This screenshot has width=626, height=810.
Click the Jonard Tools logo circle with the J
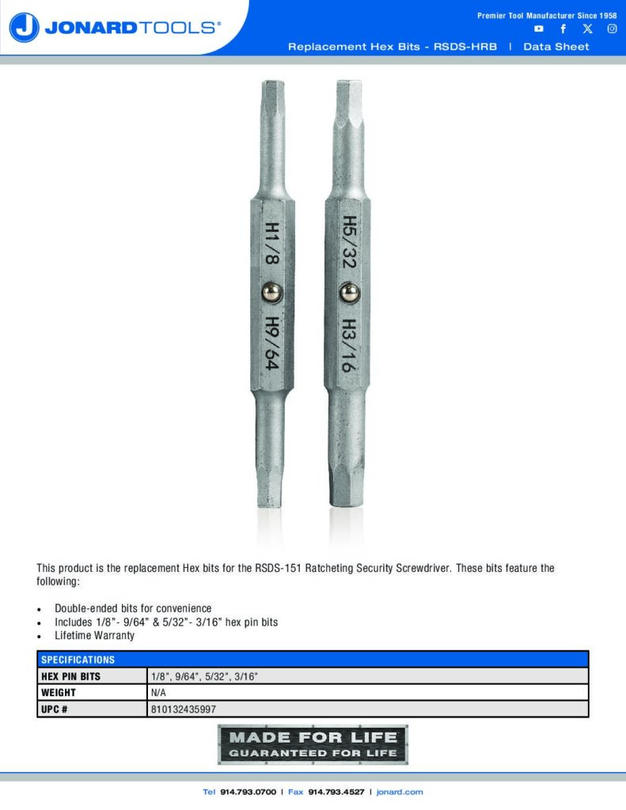[x=25, y=28]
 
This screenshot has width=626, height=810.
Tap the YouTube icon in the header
[x=539, y=28]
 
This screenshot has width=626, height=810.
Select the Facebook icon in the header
[x=563, y=28]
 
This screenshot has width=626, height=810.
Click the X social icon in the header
[x=587, y=28]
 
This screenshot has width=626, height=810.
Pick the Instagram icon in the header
[x=612, y=28]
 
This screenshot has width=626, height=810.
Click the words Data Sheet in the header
[x=556, y=47]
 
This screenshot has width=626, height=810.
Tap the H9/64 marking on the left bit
[x=271, y=343]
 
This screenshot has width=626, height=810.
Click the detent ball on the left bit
[x=271, y=293]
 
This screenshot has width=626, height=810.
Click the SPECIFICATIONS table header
[x=78, y=660]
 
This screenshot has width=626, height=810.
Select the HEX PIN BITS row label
[x=70, y=676]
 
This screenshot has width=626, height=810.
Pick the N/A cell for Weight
[x=157, y=693]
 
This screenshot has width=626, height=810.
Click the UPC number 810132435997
[x=183, y=710]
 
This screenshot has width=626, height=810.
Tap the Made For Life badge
[x=313, y=744]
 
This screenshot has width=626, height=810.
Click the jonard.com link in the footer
[x=400, y=792]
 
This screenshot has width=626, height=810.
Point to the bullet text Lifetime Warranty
[x=94, y=635]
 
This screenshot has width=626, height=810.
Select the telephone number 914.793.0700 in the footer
[x=249, y=792]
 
